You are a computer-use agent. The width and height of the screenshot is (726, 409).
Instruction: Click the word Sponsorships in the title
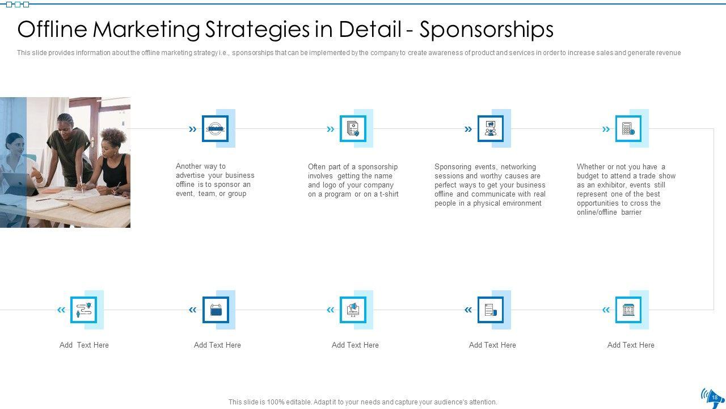click(486, 30)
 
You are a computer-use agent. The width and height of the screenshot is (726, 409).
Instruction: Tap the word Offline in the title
click(52, 30)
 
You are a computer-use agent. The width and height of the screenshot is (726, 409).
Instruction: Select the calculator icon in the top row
click(628, 129)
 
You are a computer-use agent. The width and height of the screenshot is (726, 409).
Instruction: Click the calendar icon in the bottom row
click(216, 310)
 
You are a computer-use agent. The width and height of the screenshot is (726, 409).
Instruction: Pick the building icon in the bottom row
click(628, 310)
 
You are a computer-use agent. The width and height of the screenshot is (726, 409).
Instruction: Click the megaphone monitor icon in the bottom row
click(353, 310)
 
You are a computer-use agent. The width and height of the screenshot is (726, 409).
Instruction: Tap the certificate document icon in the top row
click(353, 129)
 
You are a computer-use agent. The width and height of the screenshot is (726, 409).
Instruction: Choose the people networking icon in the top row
click(491, 129)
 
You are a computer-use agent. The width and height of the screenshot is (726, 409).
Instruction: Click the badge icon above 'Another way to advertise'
click(215, 129)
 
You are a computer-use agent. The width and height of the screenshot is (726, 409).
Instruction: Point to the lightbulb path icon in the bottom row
click(83, 310)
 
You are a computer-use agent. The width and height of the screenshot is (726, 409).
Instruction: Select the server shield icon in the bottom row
click(491, 310)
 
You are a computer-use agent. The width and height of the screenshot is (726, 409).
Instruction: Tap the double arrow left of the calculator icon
click(606, 130)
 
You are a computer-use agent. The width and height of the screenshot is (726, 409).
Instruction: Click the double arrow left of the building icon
click(606, 310)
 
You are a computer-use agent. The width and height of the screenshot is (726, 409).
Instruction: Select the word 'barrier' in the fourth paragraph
click(631, 212)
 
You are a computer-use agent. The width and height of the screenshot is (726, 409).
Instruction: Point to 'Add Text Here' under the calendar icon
click(217, 345)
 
